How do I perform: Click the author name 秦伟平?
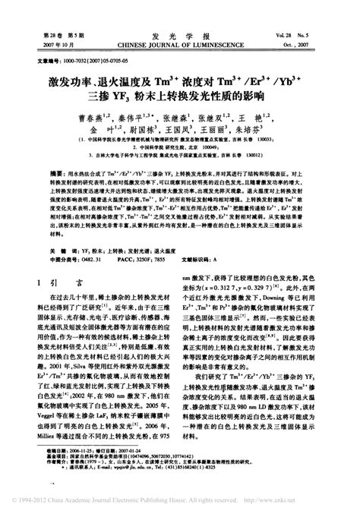[150, 119]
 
